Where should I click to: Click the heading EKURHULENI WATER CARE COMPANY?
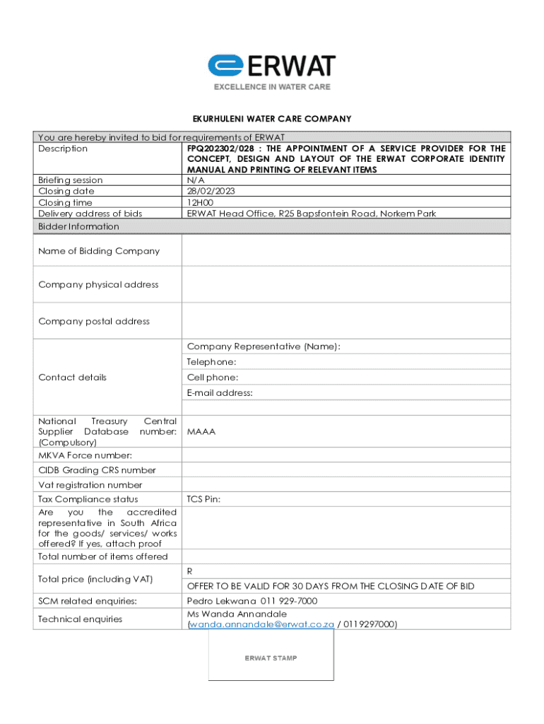272,119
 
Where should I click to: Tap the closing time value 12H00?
201,203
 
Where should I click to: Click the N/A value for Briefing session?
195,180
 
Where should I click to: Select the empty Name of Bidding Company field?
346,251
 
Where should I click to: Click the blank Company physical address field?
346,284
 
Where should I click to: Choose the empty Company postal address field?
346,321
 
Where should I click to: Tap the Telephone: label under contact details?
211,362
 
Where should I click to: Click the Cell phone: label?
213,378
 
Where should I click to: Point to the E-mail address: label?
220,393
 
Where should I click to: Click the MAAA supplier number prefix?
201,431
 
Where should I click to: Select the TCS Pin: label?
203,499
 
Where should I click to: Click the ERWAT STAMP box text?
271,658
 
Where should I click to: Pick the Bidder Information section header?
78,226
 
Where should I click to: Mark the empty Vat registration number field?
346,485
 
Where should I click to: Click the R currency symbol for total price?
190,571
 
